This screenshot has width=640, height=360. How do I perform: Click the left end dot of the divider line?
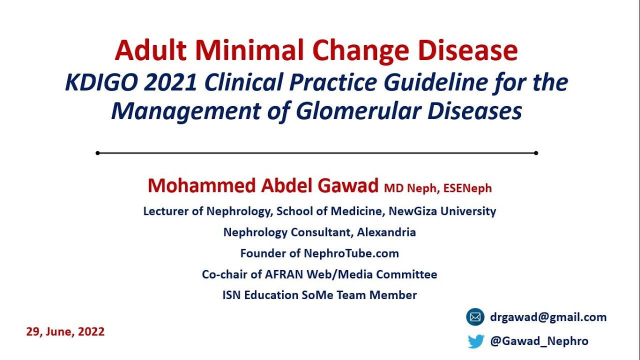(x=97, y=153)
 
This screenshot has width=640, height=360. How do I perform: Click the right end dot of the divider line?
(x=536, y=153)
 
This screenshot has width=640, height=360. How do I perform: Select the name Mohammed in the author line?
(x=202, y=186)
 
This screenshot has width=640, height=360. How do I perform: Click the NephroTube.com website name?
(x=351, y=253)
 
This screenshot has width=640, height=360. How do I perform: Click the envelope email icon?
(x=475, y=317)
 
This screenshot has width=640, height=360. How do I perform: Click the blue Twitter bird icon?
(x=476, y=341)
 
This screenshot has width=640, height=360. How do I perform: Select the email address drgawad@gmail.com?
(x=548, y=317)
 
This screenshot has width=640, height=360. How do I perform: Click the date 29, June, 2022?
(x=65, y=331)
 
